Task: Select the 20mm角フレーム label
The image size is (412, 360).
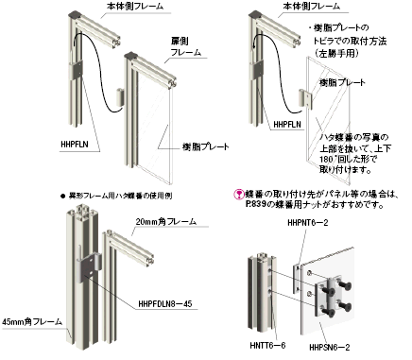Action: (x=164, y=221)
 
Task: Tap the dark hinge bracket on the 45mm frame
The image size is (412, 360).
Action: (x=84, y=266)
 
